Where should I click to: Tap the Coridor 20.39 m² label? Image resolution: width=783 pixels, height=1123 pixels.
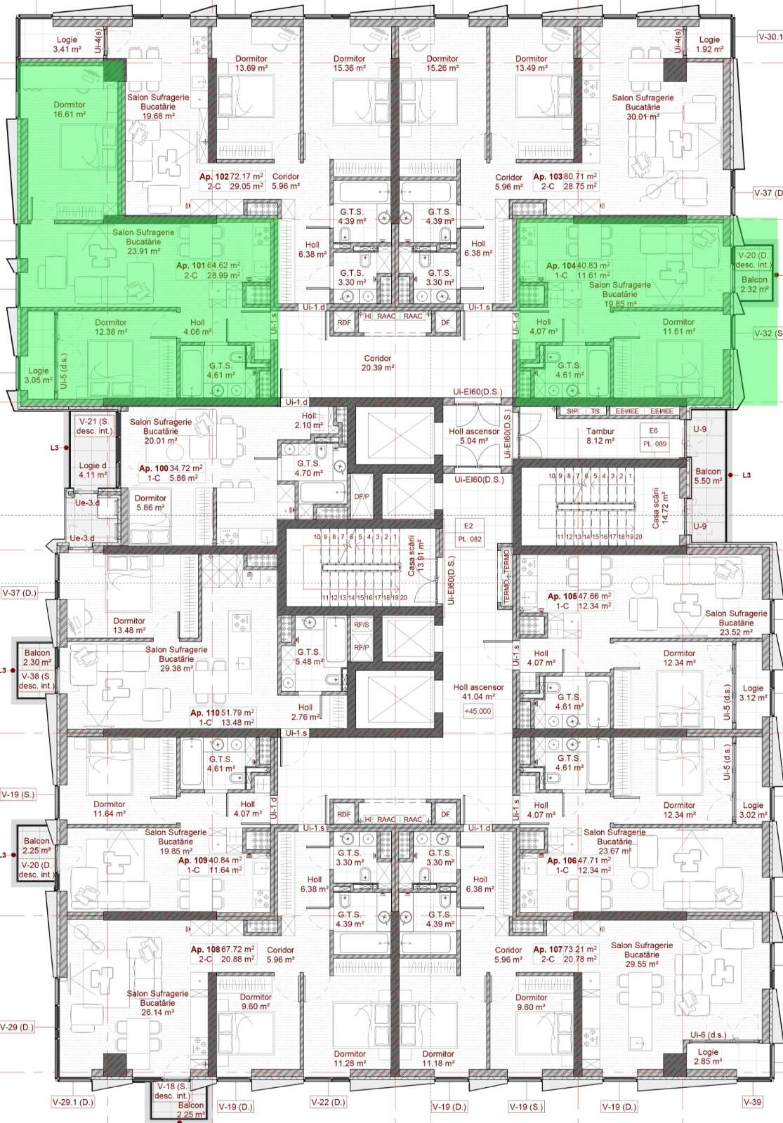point(377,363)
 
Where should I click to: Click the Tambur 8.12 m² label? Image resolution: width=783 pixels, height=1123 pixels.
point(600,436)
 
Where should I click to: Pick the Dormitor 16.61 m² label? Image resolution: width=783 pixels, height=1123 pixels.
point(70,109)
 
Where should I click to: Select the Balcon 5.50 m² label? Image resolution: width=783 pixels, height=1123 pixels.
point(708,476)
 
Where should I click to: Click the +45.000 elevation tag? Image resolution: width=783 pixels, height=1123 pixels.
point(478,711)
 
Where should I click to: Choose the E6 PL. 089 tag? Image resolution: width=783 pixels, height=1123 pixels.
point(654,437)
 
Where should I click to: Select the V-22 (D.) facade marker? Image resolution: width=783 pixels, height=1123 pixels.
point(328,1102)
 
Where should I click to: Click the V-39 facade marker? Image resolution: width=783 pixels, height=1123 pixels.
point(751,1102)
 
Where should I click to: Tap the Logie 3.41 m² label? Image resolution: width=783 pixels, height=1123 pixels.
point(67,45)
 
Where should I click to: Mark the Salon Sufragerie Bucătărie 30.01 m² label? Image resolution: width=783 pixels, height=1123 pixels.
point(643,107)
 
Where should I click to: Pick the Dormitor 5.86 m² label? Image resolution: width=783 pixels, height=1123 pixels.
point(151,503)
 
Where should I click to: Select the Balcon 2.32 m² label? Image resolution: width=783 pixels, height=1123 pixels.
point(754,284)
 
